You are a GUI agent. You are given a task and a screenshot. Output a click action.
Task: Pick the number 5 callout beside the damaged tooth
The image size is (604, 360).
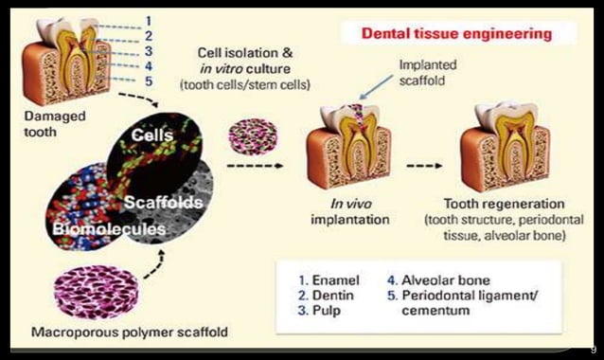149,81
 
